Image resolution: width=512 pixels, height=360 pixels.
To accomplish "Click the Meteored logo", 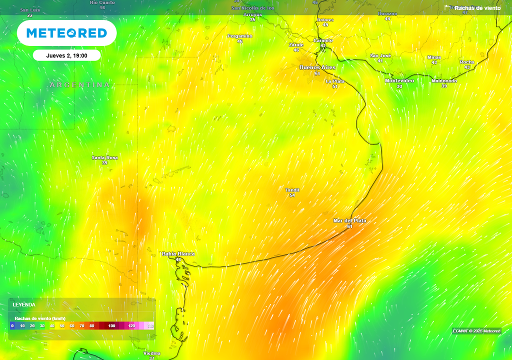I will pyautogui.click(x=66, y=33).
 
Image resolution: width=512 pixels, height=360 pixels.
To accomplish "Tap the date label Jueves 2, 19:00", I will pyautogui.click(x=66, y=55).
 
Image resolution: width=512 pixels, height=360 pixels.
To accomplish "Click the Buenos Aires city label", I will pyautogui.click(x=317, y=67).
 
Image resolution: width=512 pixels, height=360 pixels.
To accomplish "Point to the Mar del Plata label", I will pyautogui.click(x=349, y=220).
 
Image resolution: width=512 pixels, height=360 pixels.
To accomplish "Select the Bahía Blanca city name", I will pyautogui.click(x=178, y=254).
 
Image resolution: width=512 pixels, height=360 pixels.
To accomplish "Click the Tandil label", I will pyautogui.click(x=292, y=190).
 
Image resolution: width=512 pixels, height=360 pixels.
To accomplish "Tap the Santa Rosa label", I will pyautogui.click(x=104, y=157).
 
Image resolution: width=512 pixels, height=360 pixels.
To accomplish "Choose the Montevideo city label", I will pyautogui.click(x=399, y=80).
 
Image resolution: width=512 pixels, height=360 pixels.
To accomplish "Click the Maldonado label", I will pyautogui.click(x=444, y=80).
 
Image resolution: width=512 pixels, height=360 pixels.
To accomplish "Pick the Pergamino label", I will pyautogui.click(x=240, y=36).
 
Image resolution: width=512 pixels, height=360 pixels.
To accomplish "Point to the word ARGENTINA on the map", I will pyautogui.click(x=79, y=85).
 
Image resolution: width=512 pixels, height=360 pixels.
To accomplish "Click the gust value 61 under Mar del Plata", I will pyautogui.click(x=349, y=226).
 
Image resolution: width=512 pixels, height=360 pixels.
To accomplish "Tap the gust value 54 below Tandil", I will pyautogui.click(x=292, y=195).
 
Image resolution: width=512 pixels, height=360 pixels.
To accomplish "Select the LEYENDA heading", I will pyautogui.click(x=24, y=304).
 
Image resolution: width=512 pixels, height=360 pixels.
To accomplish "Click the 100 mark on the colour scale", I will pyautogui.click(x=111, y=326).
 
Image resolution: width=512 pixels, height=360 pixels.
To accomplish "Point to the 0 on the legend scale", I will pyautogui.click(x=12, y=326).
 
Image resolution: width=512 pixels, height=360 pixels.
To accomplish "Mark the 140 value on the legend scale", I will pyautogui.click(x=150, y=326).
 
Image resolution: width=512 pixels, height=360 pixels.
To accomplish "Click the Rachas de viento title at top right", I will pyautogui.click(x=477, y=8).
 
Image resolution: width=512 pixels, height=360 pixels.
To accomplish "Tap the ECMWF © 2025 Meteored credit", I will pyautogui.click(x=476, y=331).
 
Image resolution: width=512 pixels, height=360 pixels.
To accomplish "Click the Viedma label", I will pyautogui.click(x=152, y=353).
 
